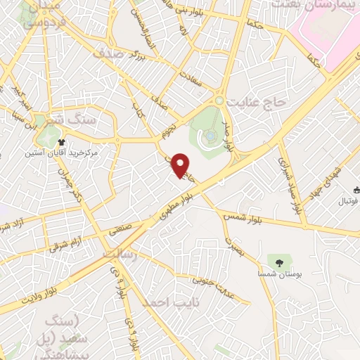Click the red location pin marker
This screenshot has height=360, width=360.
click(x=181, y=165)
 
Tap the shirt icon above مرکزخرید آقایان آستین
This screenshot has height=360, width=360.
click(x=71, y=141)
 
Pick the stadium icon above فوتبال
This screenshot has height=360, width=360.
click(x=356, y=188)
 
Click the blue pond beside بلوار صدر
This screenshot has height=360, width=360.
click(x=211, y=136)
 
